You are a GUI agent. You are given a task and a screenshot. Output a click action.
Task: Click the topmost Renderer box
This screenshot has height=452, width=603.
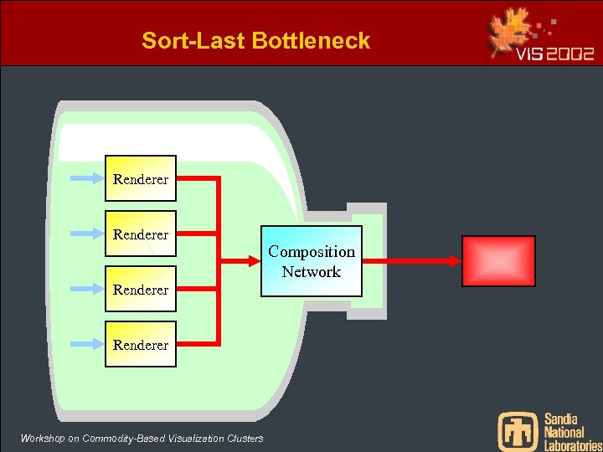pyautogui.click(x=140, y=178)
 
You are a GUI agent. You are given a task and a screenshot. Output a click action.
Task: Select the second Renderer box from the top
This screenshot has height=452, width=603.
pyautogui.click(x=140, y=234)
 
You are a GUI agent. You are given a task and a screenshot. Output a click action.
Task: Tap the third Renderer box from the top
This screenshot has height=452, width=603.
pyautogui.click(x=140, y=290)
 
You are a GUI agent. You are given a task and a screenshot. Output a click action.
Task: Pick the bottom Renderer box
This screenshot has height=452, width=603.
pyautogui.click(x=140, y=344)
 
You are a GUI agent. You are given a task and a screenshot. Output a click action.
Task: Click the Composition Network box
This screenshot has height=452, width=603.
pyautogui.click(x=311, y=261)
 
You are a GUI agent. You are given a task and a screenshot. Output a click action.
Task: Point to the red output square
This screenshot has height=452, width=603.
pyautogui.click(x=498, y=261)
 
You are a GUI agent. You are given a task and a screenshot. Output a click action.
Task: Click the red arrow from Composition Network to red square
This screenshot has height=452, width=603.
pyautogui.click(x=411, y=261)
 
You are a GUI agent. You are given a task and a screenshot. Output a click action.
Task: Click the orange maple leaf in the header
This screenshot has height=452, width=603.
pyautogui.click(x=512, y=33)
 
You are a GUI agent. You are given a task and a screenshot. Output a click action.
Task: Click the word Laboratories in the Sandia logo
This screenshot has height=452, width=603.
pyautogui.click(x=573, y=446)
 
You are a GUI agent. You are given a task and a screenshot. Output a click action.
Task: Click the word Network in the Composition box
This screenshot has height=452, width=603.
pyautogui.click(x=311, y=272)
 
